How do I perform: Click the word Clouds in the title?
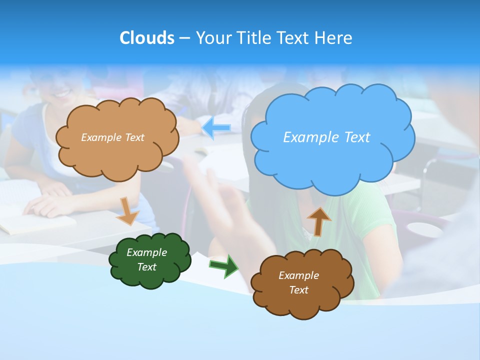pos(146,38)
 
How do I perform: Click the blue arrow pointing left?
pos(216,128)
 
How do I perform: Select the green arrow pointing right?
pos(223,265)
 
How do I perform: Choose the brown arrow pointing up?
pos(319,221)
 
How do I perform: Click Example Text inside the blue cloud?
pos(326,137)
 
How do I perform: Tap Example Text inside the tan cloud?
pos(112,137)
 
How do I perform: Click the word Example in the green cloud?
pos(146,252)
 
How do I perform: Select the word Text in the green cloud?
pos(146,267)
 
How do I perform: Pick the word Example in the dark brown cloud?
pos(298,275)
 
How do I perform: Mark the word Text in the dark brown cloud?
pos(298,290)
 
